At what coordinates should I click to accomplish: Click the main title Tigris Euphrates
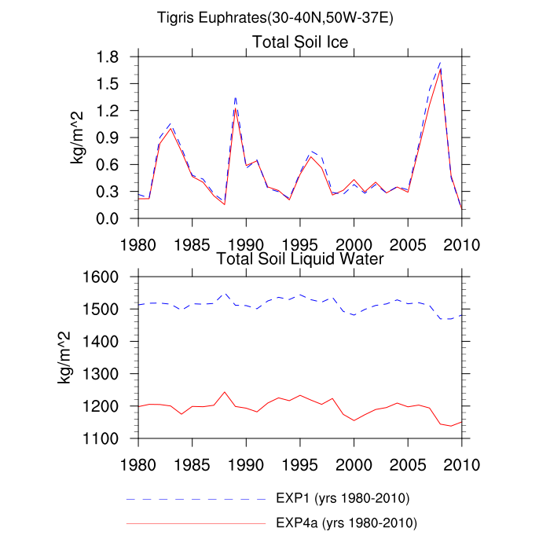[x=275, y=16]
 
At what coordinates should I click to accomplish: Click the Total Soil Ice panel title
[x=300, y=41]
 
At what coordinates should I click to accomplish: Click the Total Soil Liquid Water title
[x=300, y=258]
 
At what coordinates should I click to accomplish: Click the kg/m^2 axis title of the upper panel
[x=79, y=137]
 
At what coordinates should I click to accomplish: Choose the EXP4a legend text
[x=346, y=522]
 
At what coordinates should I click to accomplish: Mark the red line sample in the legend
[x=196, y=522]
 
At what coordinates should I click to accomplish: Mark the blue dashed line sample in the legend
[x=196, y=499]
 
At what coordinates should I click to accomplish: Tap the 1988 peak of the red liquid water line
[x=225, y=391]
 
